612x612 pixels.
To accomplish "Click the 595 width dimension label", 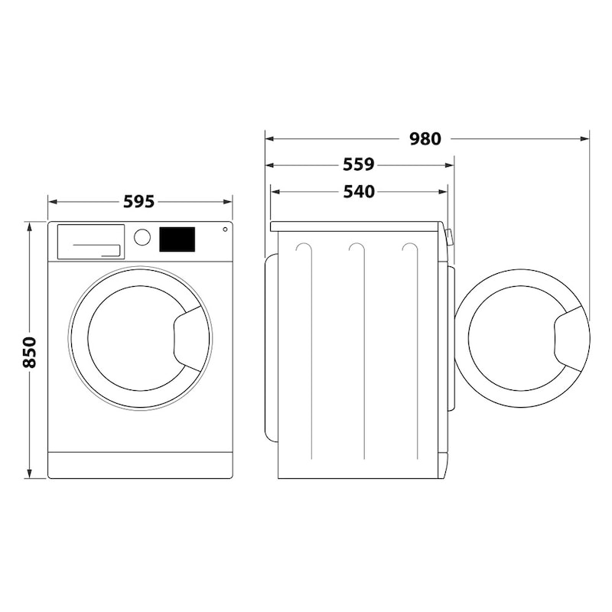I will pyautogui.click(x=139, y=202).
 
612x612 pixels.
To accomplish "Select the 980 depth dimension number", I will pyautogui.click(x=425, y=139).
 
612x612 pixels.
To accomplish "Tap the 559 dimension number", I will pyautogui.click(x=358, y=164).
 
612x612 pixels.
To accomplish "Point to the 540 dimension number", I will pyautogui.click(x=358, y=191).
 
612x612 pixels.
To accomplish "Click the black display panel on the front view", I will pyautogui.click(x=177, y=239).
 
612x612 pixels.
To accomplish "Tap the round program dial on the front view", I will pyautogui.click(x=142, y=237).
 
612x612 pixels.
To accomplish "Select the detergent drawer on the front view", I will pyautogui.click(x=90, y=242).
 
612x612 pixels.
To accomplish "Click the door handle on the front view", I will pyautogui.click(x=188, y=337).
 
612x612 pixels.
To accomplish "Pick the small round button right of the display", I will pyautogui.click(x=225, y=229).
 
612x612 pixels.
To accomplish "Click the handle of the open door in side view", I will pyautogui.click(x=571, y=337).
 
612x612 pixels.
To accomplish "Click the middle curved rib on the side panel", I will pyautogui.click(x=356, y=249).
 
